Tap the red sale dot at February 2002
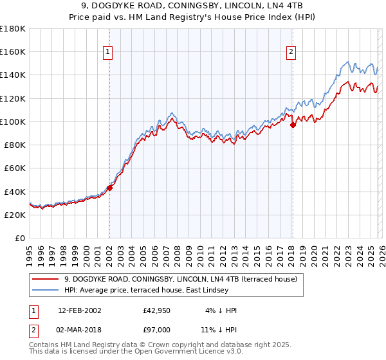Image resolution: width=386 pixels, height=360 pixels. coord(109,188)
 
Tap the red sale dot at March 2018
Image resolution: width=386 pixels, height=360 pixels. coord(293,125)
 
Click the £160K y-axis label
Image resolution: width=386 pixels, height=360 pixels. coord(13,51)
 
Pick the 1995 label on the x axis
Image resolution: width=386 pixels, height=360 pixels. coord(30,254)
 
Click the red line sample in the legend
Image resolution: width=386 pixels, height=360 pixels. coord(46,280)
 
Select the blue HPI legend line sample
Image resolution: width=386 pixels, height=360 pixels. coord(46,291)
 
